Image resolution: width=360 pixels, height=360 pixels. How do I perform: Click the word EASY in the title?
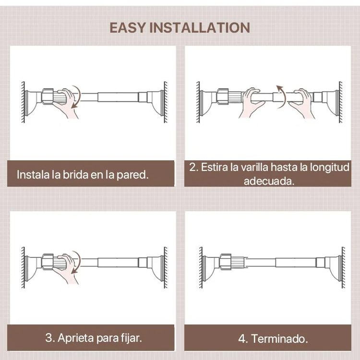coord(127,28)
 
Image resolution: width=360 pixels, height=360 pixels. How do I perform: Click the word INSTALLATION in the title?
coord(200,28)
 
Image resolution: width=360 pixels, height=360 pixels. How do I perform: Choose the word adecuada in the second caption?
coord(269,181)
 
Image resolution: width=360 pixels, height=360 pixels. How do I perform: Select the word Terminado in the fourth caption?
coord(279,339)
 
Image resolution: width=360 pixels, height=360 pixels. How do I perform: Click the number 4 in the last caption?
coord(243,339)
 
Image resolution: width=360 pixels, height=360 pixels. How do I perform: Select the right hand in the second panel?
coord(302,103)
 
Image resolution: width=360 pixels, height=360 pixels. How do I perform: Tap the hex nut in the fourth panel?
coord(226,262)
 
